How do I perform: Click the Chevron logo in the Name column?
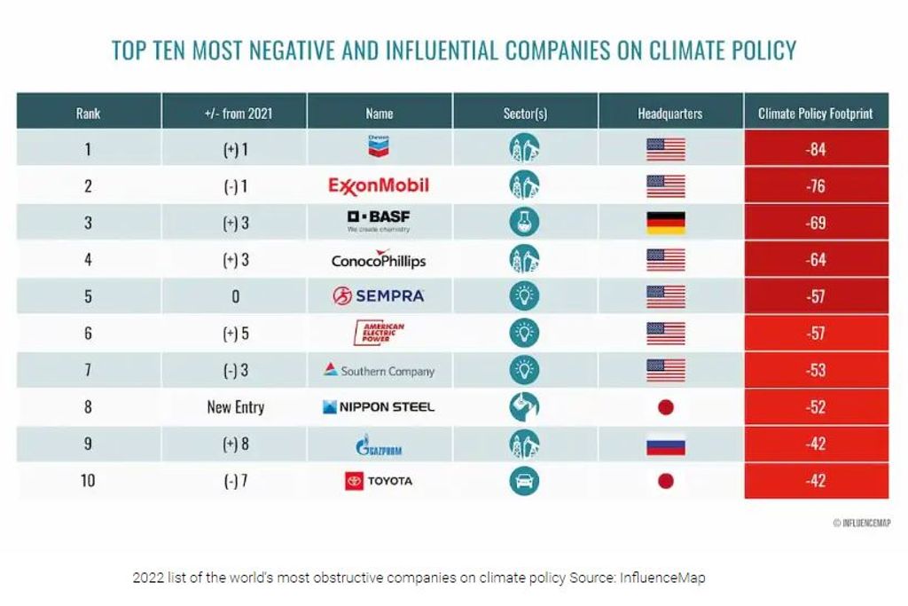(x=379, y=148)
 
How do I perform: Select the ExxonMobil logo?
(x=379, y=185)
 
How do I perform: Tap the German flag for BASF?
(x=666, y=222)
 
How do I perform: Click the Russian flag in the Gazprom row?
(x=666, y=444)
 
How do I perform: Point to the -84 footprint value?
(x=816, y=149)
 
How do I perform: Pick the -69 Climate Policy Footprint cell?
(x=816, y=223)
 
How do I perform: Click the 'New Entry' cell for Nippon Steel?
(x=235, y=407)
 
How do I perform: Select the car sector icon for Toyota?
(x=524, y=481)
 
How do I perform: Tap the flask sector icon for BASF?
(x=524, y=222)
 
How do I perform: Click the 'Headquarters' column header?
(x=669, y=113)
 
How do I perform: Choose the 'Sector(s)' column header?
(x=525, y=113)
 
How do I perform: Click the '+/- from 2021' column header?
(x=235, y=113)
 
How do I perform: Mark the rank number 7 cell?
(x=88, y=370)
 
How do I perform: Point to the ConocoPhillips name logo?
(x=379, y=260)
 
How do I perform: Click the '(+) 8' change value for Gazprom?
(x=235, y=444)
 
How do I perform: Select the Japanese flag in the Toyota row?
(x=666, y=481)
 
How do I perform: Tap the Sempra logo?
(x=379, y=296)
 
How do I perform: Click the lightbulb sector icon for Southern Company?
(x=524, y=370)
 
